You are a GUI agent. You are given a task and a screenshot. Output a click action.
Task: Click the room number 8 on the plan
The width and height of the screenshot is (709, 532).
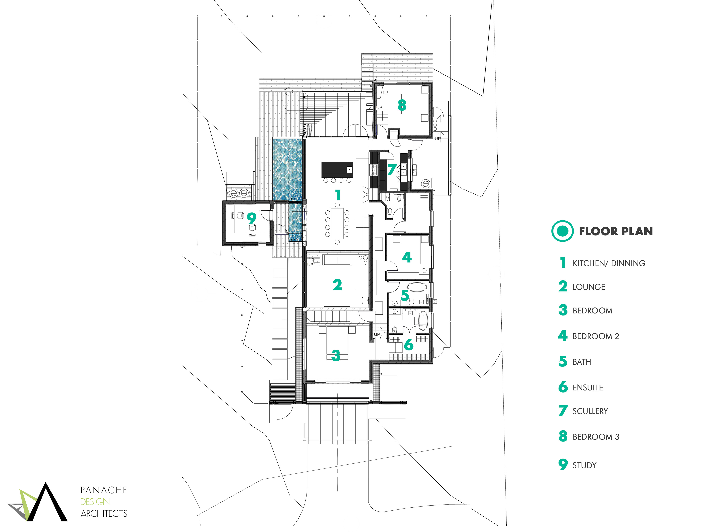(402, 105)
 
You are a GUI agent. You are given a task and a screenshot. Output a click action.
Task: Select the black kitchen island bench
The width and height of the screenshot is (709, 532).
(337, 169)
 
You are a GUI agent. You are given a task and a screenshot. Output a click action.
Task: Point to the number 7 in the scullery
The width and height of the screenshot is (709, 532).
(392, 170)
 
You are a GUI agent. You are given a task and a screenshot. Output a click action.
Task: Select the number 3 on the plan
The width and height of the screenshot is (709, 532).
(336, 355)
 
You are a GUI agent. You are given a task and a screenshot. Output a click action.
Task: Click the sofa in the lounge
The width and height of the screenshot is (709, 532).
(337, 260)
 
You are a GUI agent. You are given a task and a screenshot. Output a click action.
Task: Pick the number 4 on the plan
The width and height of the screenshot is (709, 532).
(407, 257)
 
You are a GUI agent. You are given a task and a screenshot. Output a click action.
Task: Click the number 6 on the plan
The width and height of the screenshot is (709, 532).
(409, 345)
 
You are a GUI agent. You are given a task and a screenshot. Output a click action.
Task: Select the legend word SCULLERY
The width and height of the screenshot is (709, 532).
(590, 411)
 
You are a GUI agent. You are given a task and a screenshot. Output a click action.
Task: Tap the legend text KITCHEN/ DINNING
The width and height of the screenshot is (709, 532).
(609, 263)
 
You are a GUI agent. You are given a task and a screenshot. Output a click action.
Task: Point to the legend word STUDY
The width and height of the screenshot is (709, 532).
(584, 465)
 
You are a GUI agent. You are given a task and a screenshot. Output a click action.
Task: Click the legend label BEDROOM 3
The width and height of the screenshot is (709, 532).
(595, 437)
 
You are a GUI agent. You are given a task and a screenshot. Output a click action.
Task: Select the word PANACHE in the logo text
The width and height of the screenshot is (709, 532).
(104, 490)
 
